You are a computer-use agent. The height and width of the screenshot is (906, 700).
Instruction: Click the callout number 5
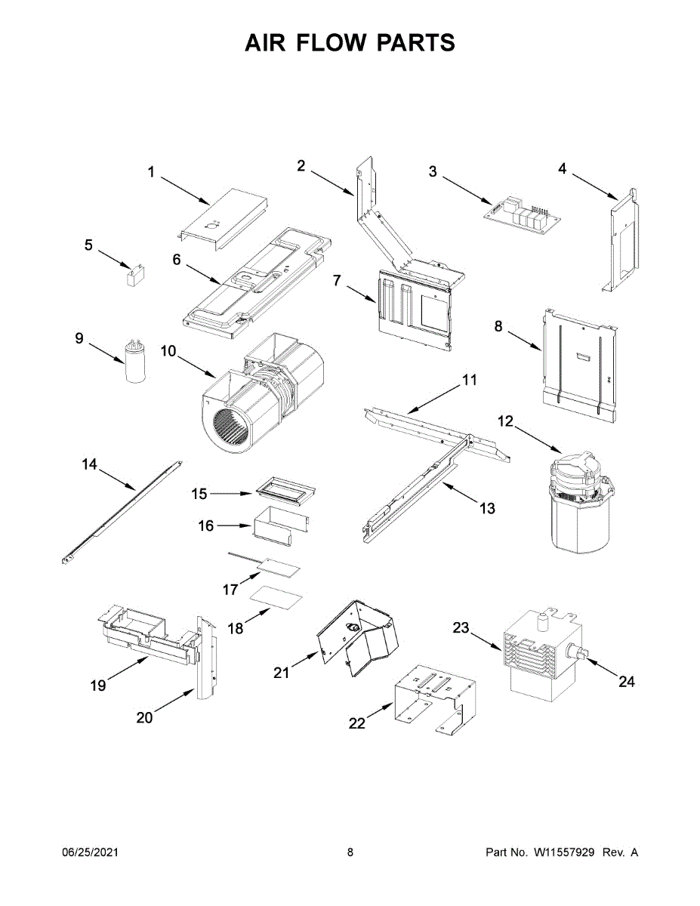coord(88,245)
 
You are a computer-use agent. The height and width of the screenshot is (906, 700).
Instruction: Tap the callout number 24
coord(626,682)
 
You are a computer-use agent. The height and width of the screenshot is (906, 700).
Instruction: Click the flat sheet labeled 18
coord(276,598)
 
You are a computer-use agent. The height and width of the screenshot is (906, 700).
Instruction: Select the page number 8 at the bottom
coord(350,852)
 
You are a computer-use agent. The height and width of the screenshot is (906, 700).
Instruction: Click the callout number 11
coord(470,381)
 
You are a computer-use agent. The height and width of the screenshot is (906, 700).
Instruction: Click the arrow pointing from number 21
coord(305,661)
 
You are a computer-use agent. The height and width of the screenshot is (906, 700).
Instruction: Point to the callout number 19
coord(98,686)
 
